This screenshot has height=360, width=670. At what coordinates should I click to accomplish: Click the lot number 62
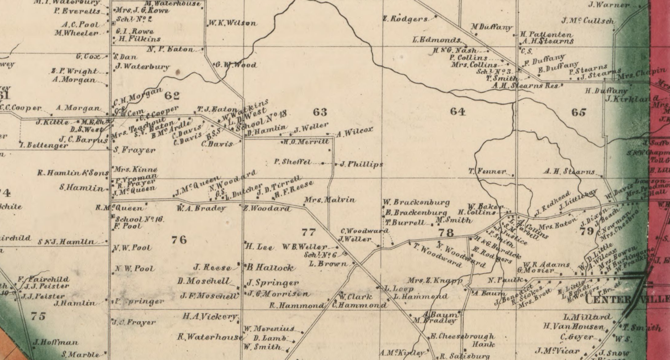tap(172, 95)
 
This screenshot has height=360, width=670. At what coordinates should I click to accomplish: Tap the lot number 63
tap(320, 112)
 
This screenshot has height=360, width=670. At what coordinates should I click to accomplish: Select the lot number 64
tap(457, 111)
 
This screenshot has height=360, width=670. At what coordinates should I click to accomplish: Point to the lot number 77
tap(308, 232)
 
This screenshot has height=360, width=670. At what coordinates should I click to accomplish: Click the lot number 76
tap(179, 240)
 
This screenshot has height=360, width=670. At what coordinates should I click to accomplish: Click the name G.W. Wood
tap(236, 65)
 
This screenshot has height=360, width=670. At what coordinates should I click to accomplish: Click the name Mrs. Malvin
tap(330, 200)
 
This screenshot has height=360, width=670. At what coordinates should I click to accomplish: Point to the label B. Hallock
tap(270, 268)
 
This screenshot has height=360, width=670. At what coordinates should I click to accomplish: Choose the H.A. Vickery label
tap(210, 317)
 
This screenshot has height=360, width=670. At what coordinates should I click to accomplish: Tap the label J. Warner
tap(609, 5)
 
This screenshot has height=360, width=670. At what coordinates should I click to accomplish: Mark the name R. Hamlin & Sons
tap(73, 173)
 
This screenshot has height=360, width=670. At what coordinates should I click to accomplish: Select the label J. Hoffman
tap(55, 342)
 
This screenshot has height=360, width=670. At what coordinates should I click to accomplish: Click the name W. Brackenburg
tap(416, 203)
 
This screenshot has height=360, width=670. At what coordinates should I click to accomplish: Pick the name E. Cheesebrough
tap(462, 337)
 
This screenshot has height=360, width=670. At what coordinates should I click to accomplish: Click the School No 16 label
tap(139, 220)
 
